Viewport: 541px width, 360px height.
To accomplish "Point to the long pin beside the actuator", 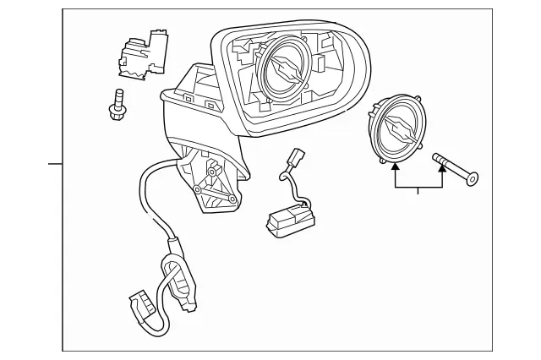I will (x=454, y=166).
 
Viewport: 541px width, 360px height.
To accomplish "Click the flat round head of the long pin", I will (x=472, y=178).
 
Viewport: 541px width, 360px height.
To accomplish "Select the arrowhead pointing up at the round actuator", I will (x=394, y=167).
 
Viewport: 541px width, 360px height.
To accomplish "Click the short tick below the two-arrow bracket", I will (x=418, y=191).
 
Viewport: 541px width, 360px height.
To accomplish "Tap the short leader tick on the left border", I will (x=56, y=162).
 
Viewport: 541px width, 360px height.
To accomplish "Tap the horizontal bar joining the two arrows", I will (x=418, y=185).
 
